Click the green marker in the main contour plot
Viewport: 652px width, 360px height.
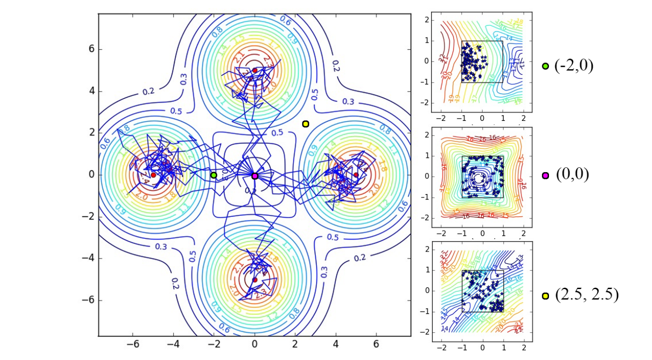(x=214, y=175)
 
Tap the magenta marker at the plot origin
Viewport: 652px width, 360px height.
(x=255, y=176)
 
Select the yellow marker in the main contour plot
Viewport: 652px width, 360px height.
(x=305, y=124)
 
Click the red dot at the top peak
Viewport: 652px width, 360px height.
(x=255, y=70)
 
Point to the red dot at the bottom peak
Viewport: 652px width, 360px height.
(x=255, y=280)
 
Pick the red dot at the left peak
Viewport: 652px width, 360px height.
(x=153, y=175)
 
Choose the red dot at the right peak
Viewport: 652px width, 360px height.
(x=356, y=175)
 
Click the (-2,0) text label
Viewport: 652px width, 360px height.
(x=574, y=66)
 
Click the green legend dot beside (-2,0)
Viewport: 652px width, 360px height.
(x=545, y=66)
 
